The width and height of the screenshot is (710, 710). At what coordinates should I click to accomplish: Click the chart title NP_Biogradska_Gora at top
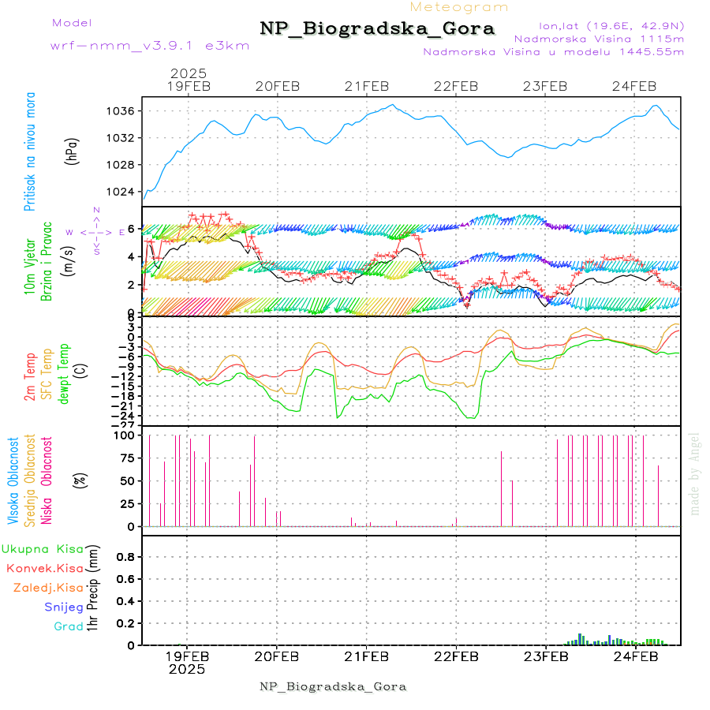(377, 29)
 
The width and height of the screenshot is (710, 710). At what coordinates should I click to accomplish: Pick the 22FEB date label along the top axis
(456, 86)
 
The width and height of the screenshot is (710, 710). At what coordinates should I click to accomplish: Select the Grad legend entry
(68, 627)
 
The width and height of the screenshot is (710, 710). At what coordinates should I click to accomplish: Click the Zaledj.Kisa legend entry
(48, 588)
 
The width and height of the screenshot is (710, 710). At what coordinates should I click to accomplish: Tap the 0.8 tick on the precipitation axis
(125, 556)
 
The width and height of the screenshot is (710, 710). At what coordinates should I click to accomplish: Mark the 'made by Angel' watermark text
(694, 473)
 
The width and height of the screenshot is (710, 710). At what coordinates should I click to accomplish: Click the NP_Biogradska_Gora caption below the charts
(333, 686)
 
